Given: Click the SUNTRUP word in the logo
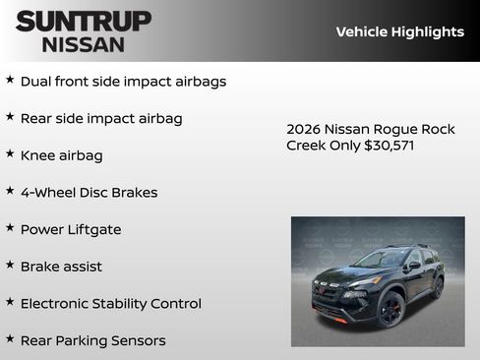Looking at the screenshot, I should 84,21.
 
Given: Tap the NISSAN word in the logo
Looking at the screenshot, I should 84,43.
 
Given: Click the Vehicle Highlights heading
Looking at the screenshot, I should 399,31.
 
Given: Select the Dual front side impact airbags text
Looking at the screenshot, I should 123,82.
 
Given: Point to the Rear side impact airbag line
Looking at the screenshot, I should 101,118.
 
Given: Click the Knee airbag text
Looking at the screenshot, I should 61,155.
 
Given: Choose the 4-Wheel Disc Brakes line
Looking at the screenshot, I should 89,192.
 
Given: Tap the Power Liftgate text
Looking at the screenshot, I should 71,229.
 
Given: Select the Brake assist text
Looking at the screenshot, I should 61,267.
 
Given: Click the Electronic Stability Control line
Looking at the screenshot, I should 110,303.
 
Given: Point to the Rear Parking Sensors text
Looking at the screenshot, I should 92,340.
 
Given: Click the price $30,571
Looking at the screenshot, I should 390,145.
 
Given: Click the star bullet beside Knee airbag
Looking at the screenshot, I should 10,153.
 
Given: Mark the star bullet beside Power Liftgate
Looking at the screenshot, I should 10,227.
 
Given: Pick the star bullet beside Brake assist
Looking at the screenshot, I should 10,265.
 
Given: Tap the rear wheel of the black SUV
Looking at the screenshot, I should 437,287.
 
